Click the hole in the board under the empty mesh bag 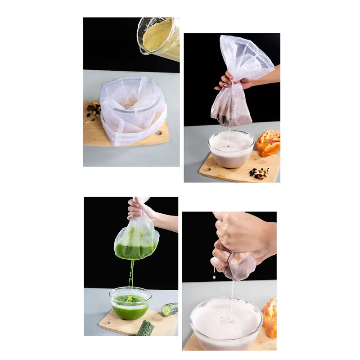pos(158,133)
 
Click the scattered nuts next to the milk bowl pos(260,173)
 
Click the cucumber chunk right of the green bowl pos(170,309)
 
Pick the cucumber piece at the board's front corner pos(145,328)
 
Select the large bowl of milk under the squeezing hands pos(226,322)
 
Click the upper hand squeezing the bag pos(241,232)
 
